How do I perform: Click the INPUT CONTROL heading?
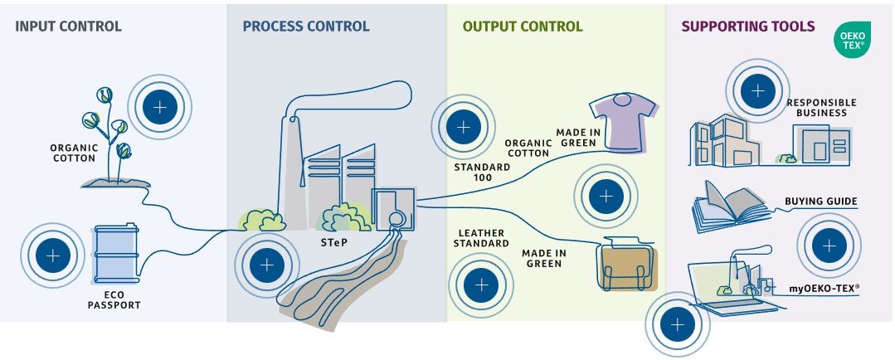pos(68,27)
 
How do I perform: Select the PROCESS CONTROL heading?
pos(306,27)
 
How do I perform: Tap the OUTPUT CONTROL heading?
pos(523,27)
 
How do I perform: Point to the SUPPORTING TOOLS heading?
pos(747,27)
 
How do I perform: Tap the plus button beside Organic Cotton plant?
pos(159,106)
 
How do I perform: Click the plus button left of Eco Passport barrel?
pos(53,255)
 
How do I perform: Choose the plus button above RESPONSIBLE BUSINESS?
pos(757,90)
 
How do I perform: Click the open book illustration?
pos(727,204)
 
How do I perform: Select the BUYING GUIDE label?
pos(820,202)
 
